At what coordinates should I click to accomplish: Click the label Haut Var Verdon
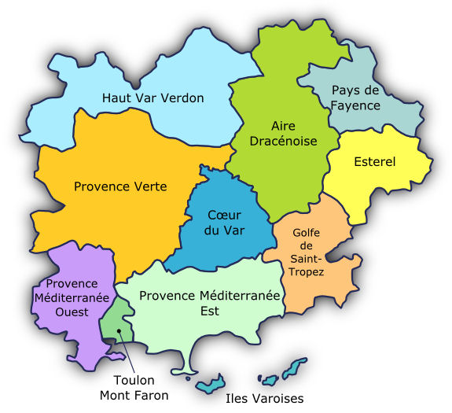pos(153,98)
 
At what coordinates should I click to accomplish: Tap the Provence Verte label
pos(119,186)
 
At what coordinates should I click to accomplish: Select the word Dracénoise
pos(283,141)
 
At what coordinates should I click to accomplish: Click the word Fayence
pos(355,105)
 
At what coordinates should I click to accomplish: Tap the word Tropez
pos(307,271)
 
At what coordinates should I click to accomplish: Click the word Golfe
pos(306,233)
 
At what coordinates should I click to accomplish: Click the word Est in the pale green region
pos(209,311)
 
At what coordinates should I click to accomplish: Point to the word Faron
pos(150,395)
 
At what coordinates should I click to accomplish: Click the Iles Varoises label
pos(264,399)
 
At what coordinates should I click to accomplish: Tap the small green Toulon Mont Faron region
pos(115,321)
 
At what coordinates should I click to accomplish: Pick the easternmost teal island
pos(295,367)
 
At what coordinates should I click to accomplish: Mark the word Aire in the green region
pos(283,126)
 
